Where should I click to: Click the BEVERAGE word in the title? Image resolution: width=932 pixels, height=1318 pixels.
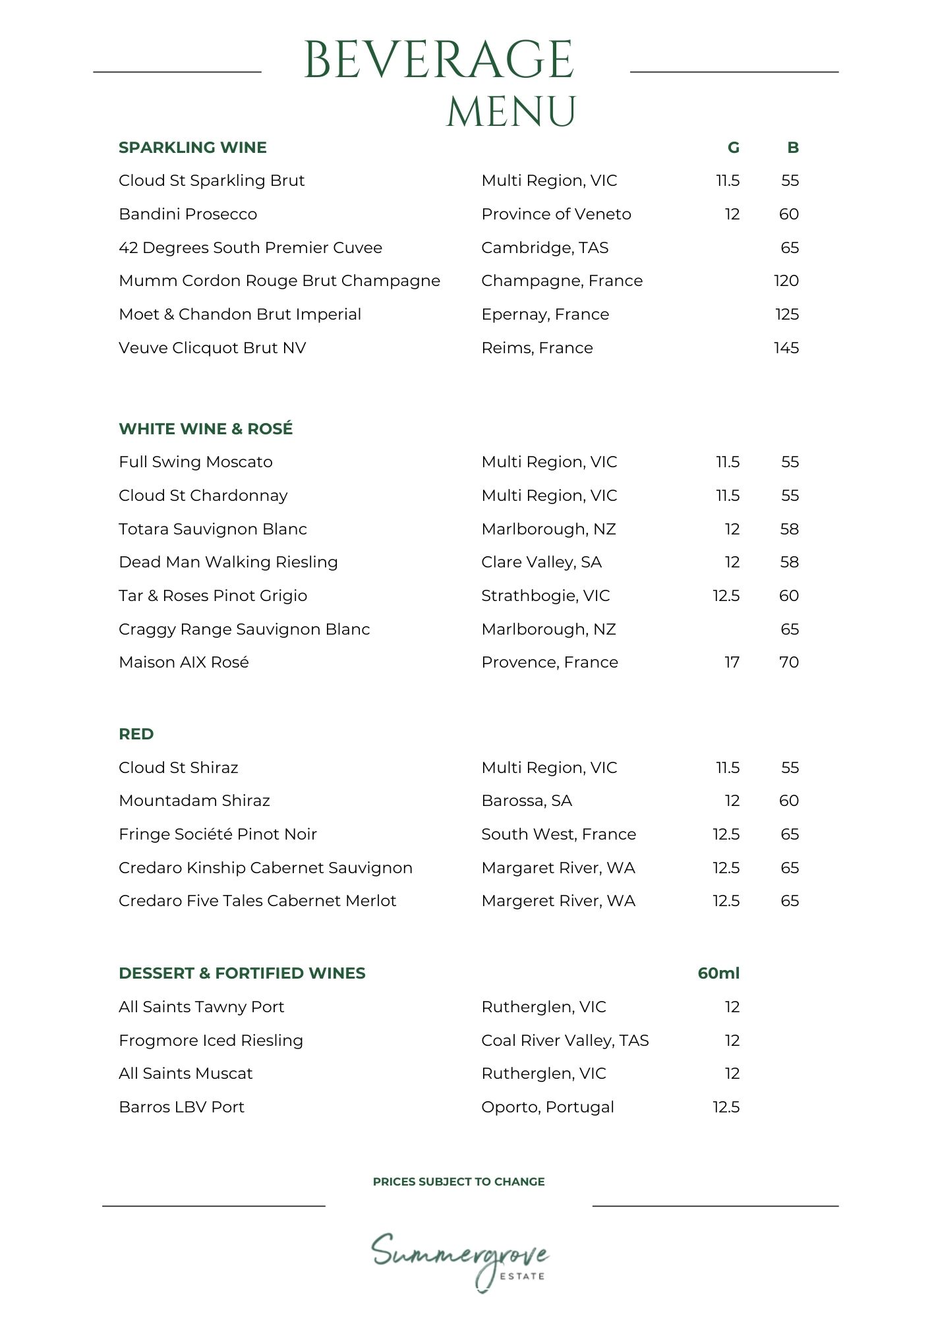pyautogui.click(x=439, y=60)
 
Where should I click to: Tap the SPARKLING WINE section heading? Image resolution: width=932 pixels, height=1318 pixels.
pyautogui.click(x=192, y=148)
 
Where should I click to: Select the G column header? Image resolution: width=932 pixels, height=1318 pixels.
pyautogui.click(x=733, y=148)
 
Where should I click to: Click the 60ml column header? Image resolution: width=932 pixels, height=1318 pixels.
pyautogui.click(x=718, y=973)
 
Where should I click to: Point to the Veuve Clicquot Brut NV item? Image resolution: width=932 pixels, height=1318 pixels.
pyautogui.click(x=212, y=348)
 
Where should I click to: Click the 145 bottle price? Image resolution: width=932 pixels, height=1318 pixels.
pyautogui.click(x=786, y=348)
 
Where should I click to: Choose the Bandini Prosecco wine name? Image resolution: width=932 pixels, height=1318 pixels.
pyautogui.click(x=188, y=214)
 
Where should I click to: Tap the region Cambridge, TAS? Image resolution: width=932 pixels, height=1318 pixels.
pyautogui.click(x=545, y=248)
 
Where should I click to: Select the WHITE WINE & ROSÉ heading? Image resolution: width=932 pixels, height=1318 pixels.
pyautogui.click(x=206, y=429)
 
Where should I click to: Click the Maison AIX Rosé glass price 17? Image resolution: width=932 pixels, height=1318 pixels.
pyautogui.click(x=732, y=662)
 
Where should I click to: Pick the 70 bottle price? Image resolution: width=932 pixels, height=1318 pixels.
pyautogui.click(x=789, y=662)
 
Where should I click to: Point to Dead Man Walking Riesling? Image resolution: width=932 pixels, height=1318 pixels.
pyautogui.click(x=228, y=562)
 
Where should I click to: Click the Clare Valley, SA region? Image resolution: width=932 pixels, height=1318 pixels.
pyautogui.click(x=541, y=562)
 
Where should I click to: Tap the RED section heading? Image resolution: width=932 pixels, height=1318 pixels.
pyautogui.click(x=136, y=734)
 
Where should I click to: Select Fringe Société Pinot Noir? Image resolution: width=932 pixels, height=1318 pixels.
pyautogui.click(x=218, y=834)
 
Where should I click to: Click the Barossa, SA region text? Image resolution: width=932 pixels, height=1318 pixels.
pyautogui.click(x=527, y=801)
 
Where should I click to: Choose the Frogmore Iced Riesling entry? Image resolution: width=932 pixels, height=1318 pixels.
pyautogui.click(x=211, y=1041)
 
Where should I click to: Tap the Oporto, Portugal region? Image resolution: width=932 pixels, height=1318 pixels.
pyautogui.click(x=548, y=1107)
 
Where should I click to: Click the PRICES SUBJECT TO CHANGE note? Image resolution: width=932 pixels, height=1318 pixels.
pyautogui.click(x=459, y=1182)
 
